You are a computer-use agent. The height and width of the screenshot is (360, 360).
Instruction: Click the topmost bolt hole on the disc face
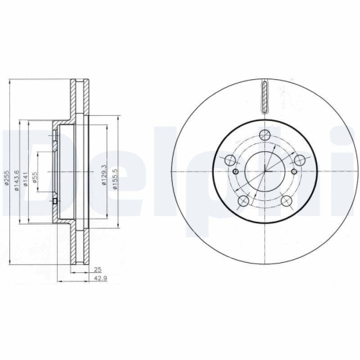point(264,135)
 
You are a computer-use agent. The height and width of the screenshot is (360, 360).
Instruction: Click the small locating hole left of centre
point(236,172)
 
